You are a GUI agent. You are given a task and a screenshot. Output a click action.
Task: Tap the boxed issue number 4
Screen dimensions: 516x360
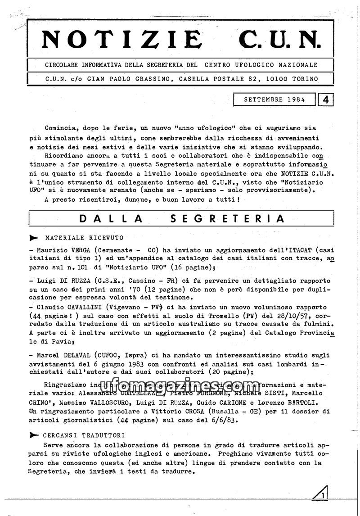(325, 99)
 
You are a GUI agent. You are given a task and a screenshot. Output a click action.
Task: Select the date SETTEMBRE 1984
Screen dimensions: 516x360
(274, 99)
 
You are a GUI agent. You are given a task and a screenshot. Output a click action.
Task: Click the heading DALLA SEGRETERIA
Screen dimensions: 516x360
(182, 219)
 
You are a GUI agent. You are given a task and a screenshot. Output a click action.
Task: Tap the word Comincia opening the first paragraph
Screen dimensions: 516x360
(62, 128)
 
